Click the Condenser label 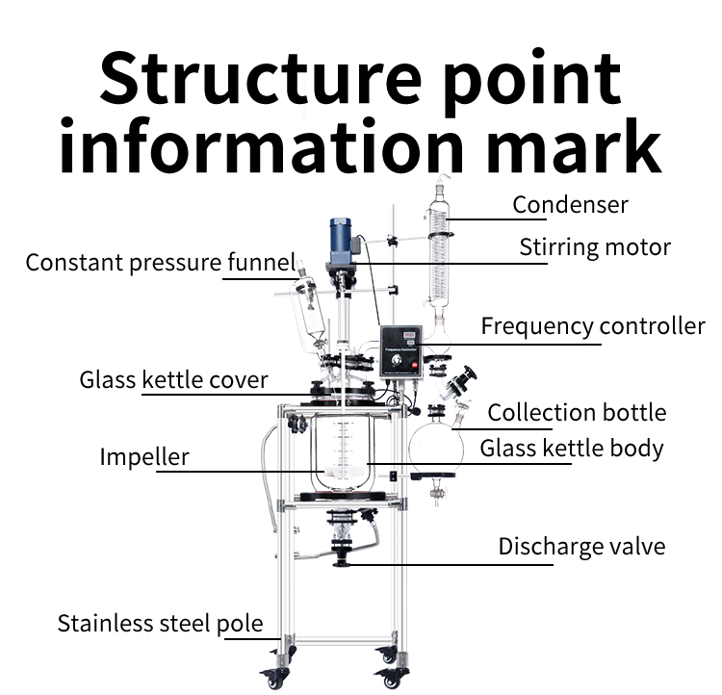[x=570, y=204]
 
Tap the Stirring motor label [x=595, y=246]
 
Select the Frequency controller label [x=593, y=326]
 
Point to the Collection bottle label [x=577, y=413]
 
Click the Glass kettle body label [x=572, y=448]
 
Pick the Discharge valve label [x=581, y=547]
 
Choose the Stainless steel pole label [x=160, y=623]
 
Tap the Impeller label [x=144, y=456]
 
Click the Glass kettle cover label [x=173, y=379]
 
